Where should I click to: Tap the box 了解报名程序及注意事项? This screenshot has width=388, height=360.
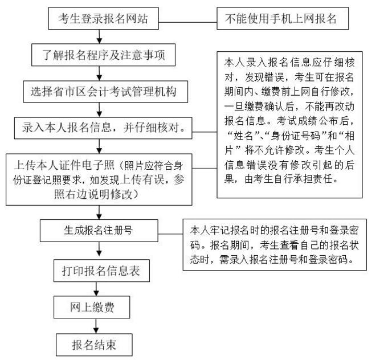point(100,55)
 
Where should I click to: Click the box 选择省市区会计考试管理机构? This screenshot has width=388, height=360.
point(100,91)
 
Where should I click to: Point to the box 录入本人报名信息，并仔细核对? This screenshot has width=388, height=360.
point(100,127)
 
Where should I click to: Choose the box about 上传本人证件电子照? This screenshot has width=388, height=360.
point(100,178)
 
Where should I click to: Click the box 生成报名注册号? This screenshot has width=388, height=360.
point(100,230)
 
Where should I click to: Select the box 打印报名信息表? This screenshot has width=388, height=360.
point(100,271)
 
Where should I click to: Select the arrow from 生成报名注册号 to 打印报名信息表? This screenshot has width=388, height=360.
point(100,250)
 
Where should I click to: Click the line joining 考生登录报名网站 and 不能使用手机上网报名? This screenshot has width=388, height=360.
point(185,18)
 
